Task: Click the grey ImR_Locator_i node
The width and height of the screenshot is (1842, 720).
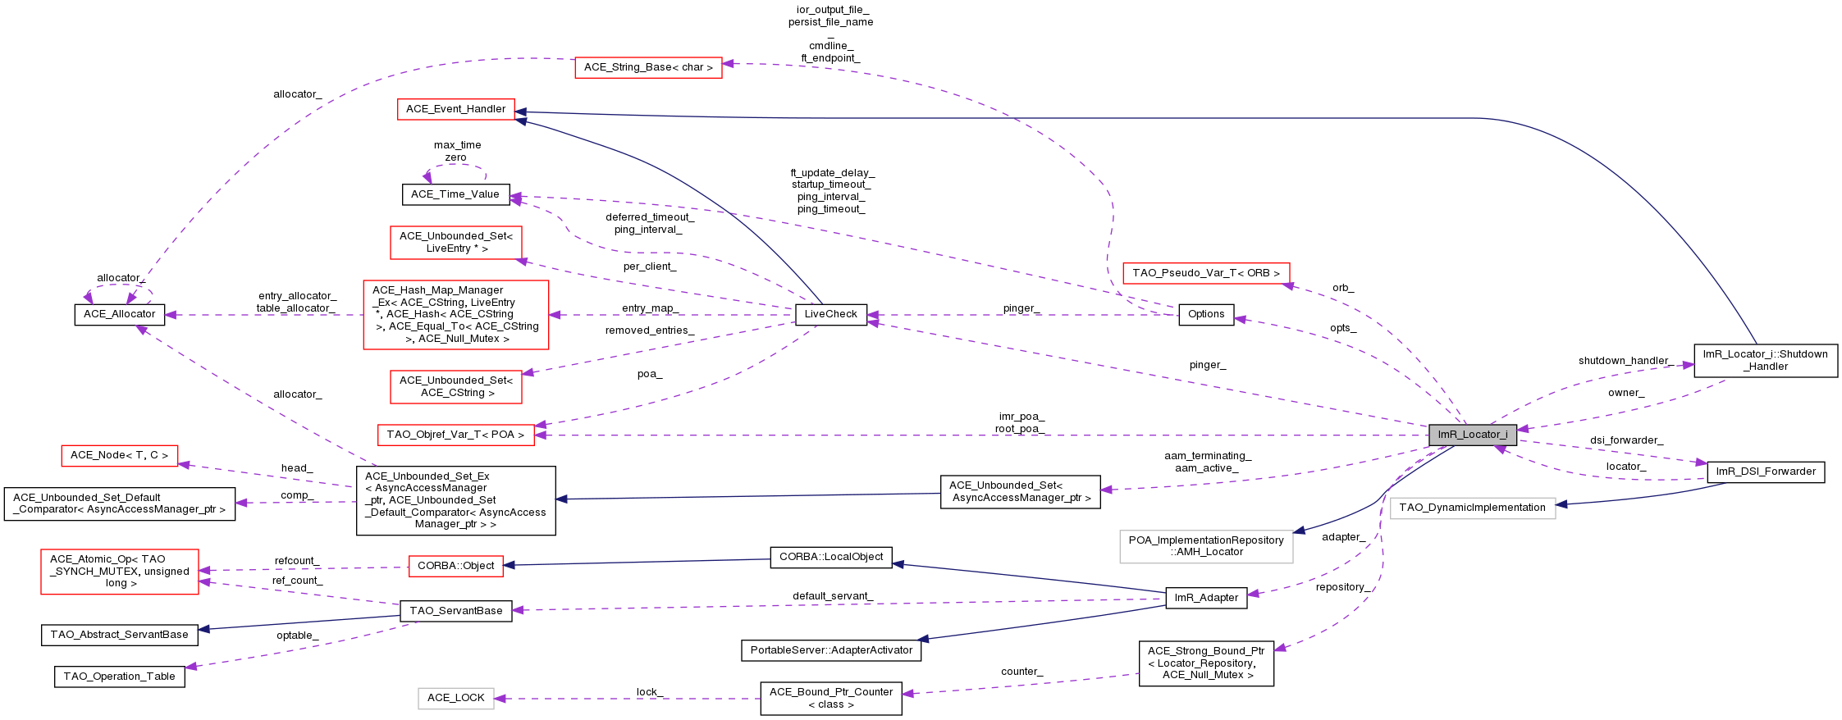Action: pyautogui.click(x=1472, y=435)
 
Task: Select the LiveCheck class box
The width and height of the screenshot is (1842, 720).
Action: pyautogui.click(x=830, y=314)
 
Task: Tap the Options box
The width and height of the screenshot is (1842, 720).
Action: pyautogui.click(x=1205, y=314)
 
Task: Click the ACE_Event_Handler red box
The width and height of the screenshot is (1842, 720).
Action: pyautogui.click(x=455, y=109)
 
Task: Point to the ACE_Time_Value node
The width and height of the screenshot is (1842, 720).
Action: pyautogui.click(x=455, y=194)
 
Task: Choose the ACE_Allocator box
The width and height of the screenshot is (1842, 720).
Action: pyautogui.click(x=119, y=314)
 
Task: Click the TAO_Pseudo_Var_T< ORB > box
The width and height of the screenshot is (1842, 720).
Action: pyautogui.click(x=1205, y=273)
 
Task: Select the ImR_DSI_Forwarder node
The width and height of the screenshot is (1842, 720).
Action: pyautogui.click(x=1765, y=472)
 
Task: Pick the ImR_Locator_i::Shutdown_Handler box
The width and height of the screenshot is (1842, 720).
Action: pyautogui.click(x=1765, y=360)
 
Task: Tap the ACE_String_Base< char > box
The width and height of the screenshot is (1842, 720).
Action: pyautogui.click(x=648, y=67)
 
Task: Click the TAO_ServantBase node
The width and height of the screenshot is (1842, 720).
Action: pyautogui.click(x=455, y=610)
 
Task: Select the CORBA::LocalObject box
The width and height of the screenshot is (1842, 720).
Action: pyautogui.click(x=830, y=557)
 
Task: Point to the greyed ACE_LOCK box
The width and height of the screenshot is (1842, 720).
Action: pyautogui.click(x=455, y=698)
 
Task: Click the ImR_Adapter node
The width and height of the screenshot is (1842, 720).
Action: pyautogui.click(x=1205, y=598)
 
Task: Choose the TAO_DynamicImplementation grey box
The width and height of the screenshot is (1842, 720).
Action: pyautogui.click(x=1472, y=508)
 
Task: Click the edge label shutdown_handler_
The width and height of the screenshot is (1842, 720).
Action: pyautogui.click(x=1625, y=361)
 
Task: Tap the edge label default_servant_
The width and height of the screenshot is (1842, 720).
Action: pyautogui.click(x=832, y=596)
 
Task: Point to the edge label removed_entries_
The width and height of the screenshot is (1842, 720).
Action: pyautogui.click(x=649, y=330)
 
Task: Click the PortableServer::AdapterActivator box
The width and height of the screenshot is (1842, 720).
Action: pyautogui.click(x=830, y=650)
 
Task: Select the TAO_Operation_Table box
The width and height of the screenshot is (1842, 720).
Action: pyautogui.click(x=119, y=677)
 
